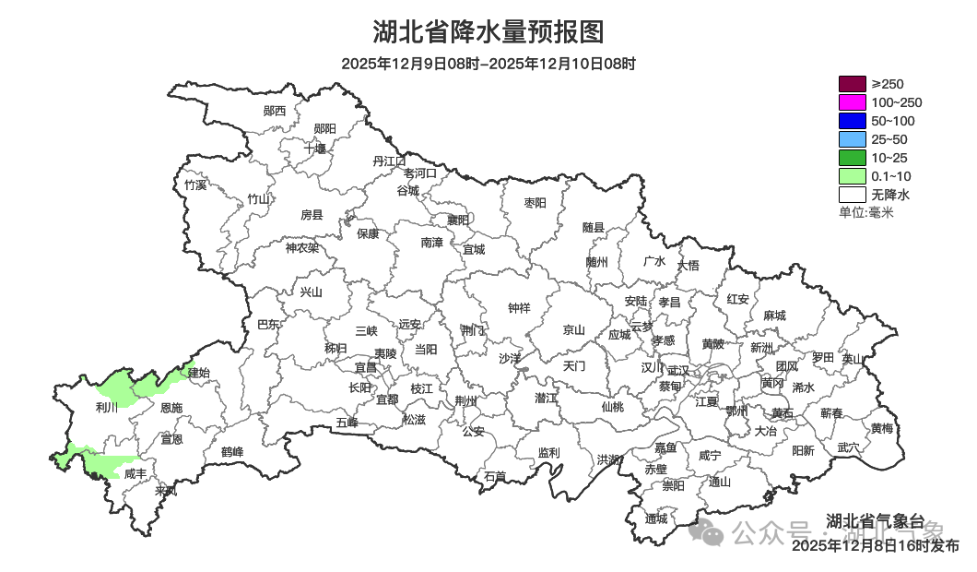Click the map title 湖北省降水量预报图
pyautogui.click(x=488, y=32)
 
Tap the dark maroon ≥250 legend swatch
pyautogui.click(x=853, y=84)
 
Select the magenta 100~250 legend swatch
pyautogui.click(x=853, y=102)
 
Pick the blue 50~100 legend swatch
pyautogui.click(x=853, y=121)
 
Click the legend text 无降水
pyautogui.click(x=890, y=195)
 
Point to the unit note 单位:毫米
pyautogui.click(x=865, y=213)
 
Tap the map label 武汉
pyautogui.click(x=677, y=370)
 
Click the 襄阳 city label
pyautogui.click(x=458, y=220)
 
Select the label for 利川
pyautogui.click(x=107, y=407)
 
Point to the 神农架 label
pyautogui.click(x=301, y=247)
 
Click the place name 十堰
pyautogui.click(x=315, y=148)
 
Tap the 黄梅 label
pyautogui.click(x=881, y=428)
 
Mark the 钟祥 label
pyautogui.click(x=520, y=308)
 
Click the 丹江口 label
pyautogui.click(x=389, y=161)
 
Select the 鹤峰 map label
pyautogui.click(x=232, y=452)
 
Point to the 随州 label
pyautogui.click(x=597, y=261)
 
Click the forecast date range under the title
pyautogui.click(x=488, y=64)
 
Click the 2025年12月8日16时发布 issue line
pyautogui.click(x=875, y=545)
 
